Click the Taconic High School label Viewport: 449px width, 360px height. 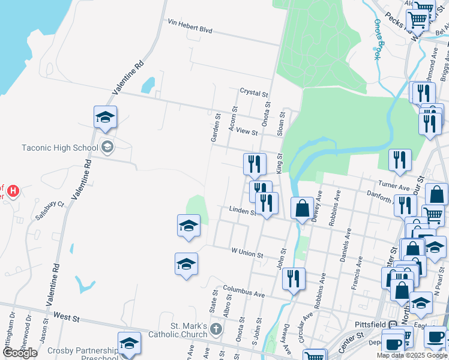(x=59, y=148)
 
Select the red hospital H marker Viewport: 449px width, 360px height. (x=13, y=192)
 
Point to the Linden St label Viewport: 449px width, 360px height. (x=243, y=210)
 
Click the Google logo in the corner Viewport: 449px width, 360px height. (x=20, y=353)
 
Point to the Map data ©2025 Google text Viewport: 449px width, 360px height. (x=412, y=355)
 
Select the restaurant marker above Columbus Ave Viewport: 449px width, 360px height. (x=294, y=278)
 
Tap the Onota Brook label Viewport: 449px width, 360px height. (x=378, y=40)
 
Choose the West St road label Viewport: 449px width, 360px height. (x=66, y=315)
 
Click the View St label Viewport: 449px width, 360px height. (x=247, y=131)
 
